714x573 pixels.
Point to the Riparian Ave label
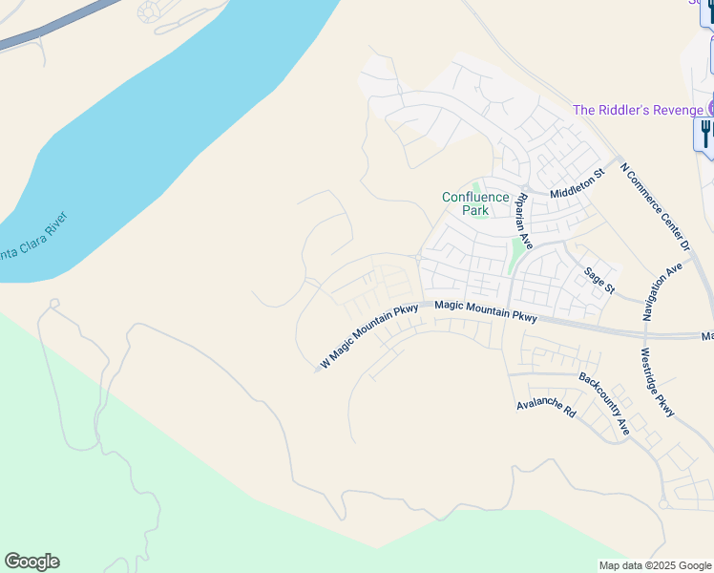pyautogui.click(x=525, y=229)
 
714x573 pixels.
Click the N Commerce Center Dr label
pyautogui.click(x=654, y=205)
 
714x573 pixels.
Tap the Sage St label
pyautogui.click(x=599, y=281)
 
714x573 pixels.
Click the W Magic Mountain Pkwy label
pyautogui.click(x=370, y=336)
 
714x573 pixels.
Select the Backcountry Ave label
pyautogui.click(x=604, y=403)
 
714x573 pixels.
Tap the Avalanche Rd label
pyautogui.click(x=546, y=409)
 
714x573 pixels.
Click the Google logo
pyautogui.click(x=31, y=562)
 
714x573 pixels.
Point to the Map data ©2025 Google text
pyautogui.click(x=655, y=565)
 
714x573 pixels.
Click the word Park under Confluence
pyautogui.click(x=474, y=210)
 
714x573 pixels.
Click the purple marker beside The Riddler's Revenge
pyautogui.click(x=710, y=109)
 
